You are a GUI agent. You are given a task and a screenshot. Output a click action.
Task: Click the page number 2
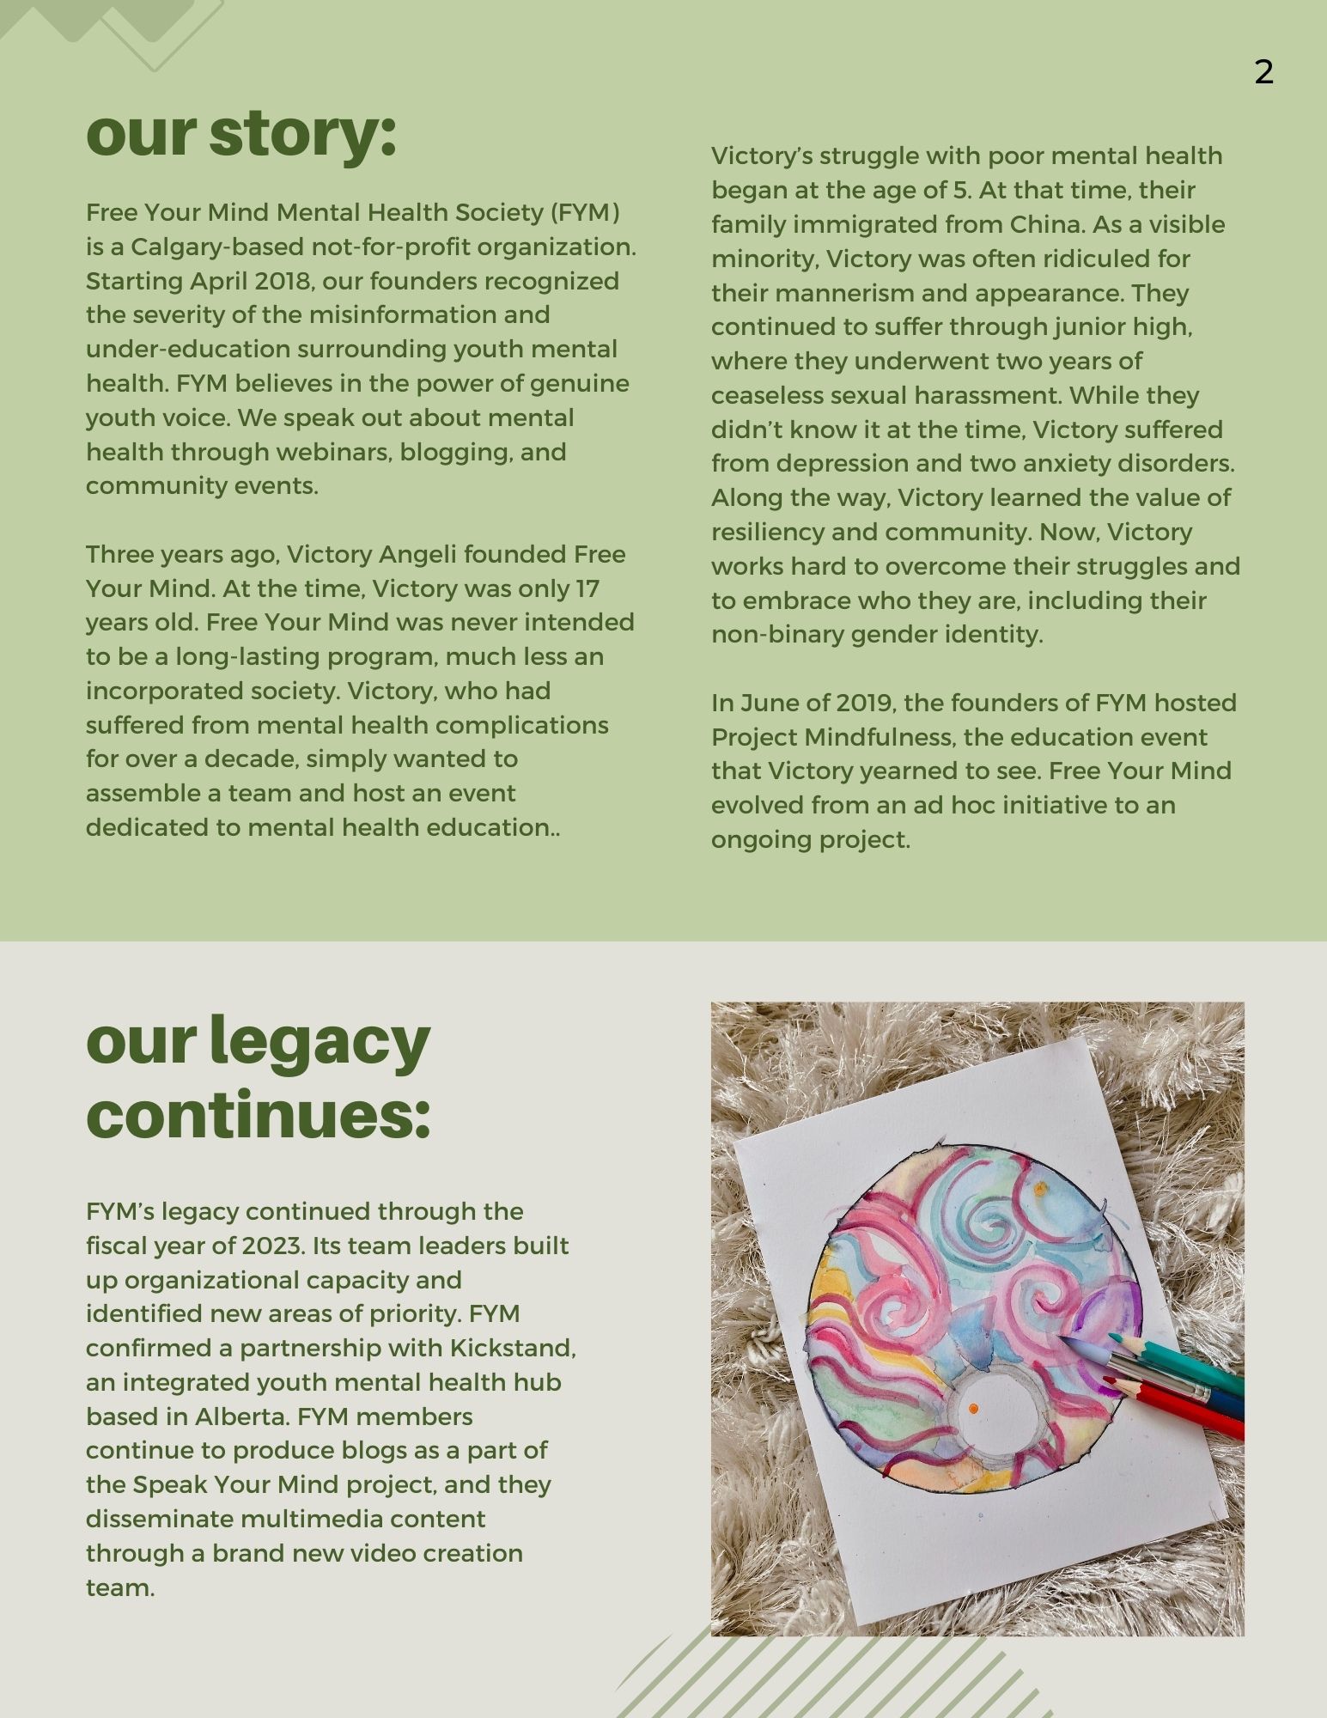point(1263,72)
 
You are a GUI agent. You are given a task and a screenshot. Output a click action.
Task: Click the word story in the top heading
point(302,134)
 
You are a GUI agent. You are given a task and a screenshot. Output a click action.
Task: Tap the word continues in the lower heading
point(258,1114)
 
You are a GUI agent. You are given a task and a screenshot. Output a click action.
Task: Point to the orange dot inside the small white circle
point(973,1410)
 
